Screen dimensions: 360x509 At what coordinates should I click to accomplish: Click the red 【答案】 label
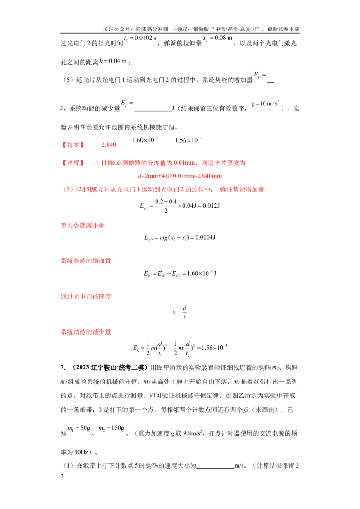tap(73, 145)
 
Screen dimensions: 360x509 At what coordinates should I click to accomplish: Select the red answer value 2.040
tap(108, 145)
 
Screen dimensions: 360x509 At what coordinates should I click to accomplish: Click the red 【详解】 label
tap(73, 163)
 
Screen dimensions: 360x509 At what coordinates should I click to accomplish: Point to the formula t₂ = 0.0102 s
tap(140, 38)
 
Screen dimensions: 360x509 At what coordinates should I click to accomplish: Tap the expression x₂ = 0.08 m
tap(218, 38)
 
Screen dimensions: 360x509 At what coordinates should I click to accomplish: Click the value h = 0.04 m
tap(113, 61)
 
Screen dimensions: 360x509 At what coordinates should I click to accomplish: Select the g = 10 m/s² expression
tap(265, 103)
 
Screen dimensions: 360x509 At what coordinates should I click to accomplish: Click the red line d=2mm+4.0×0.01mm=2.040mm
tap(180, 176)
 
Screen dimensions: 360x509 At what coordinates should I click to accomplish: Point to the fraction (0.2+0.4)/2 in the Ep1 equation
tap(166, 206)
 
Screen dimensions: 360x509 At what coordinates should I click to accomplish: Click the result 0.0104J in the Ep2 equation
tap(205, 237)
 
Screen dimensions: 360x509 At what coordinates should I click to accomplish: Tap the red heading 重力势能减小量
tap(83, 225)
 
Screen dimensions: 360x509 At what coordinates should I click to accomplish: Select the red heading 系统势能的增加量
tap(86, 261)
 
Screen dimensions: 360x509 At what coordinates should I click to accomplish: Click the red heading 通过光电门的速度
tap(86, 296)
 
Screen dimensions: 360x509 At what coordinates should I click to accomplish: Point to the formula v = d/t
tap(180, 313)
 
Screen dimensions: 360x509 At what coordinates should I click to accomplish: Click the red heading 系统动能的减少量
tap(86, 332)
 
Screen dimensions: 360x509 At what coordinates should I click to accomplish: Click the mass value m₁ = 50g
tap(79, 429)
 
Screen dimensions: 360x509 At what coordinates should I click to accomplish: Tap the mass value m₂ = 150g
tap(112, 429)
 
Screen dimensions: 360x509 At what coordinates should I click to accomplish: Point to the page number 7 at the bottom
tap(62, 476)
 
